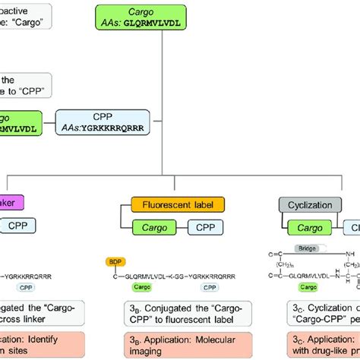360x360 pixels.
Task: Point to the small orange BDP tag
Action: [115, 262]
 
